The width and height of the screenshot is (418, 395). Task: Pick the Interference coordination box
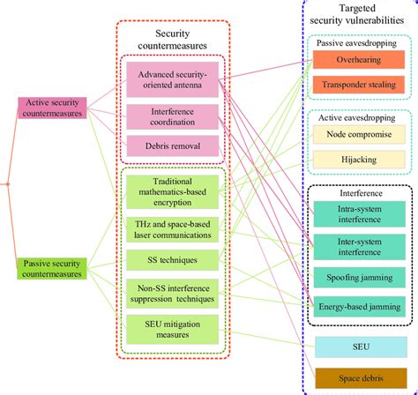173,117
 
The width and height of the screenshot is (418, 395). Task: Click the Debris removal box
173,146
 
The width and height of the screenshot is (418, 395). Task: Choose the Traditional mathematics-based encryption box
173,191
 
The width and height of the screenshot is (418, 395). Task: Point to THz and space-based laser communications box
173,227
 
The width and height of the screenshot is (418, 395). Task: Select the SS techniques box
173,258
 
